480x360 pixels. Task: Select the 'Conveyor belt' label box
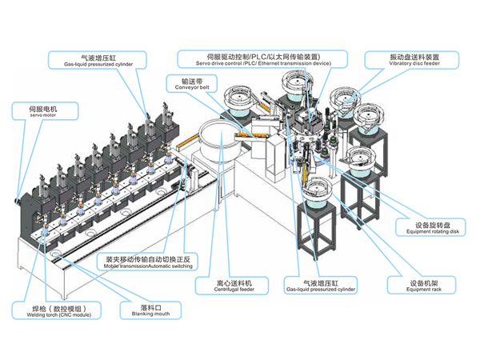click(x=190, y=84)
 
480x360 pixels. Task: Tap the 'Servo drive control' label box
click(x=263, y=58)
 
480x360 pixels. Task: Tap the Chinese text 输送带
click(x=190, y=80)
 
